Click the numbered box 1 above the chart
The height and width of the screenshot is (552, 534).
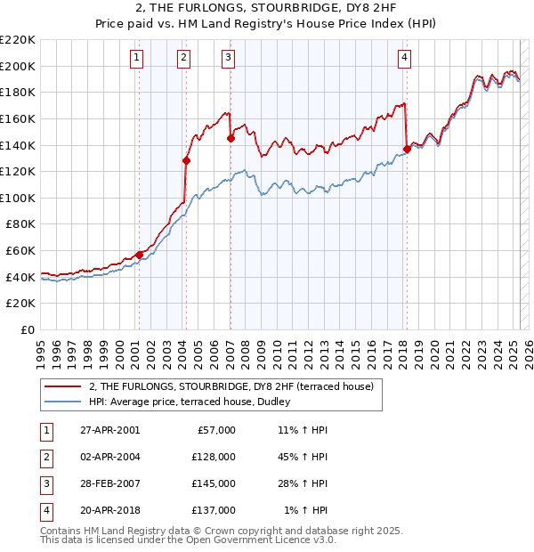pos(137,58)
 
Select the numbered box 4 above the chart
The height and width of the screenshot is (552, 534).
pos(404,58)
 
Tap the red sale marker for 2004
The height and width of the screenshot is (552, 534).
pos(186,160)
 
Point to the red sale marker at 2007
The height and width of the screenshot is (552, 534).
pos(231,138)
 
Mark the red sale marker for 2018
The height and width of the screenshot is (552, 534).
pos(407,149)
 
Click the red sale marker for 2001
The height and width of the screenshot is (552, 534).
pos(139,255)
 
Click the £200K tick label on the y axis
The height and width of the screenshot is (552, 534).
pos(18,66)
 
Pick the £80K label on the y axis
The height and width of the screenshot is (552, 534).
pos(20,224)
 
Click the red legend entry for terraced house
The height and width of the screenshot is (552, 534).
pos(236,386)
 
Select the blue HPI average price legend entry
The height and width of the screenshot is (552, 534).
pos(190,402)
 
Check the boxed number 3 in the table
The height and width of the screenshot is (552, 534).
pos(45,483)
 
